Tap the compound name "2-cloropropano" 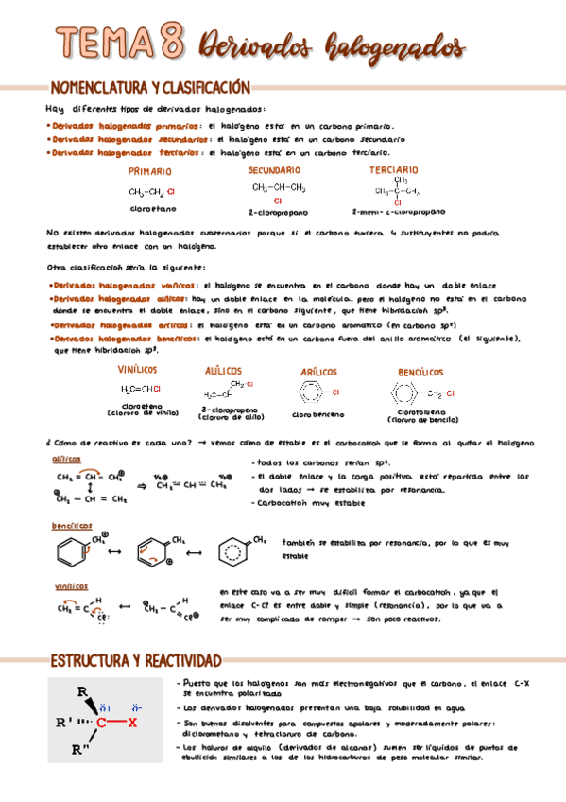coord(278,213)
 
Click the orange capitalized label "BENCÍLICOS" coord(421,373)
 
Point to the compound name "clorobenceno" coord(319,414)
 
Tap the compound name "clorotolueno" coord(421,412)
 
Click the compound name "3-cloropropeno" coord(225,410)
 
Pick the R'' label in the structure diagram coord(78,750)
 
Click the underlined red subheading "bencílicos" coord(66,525)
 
